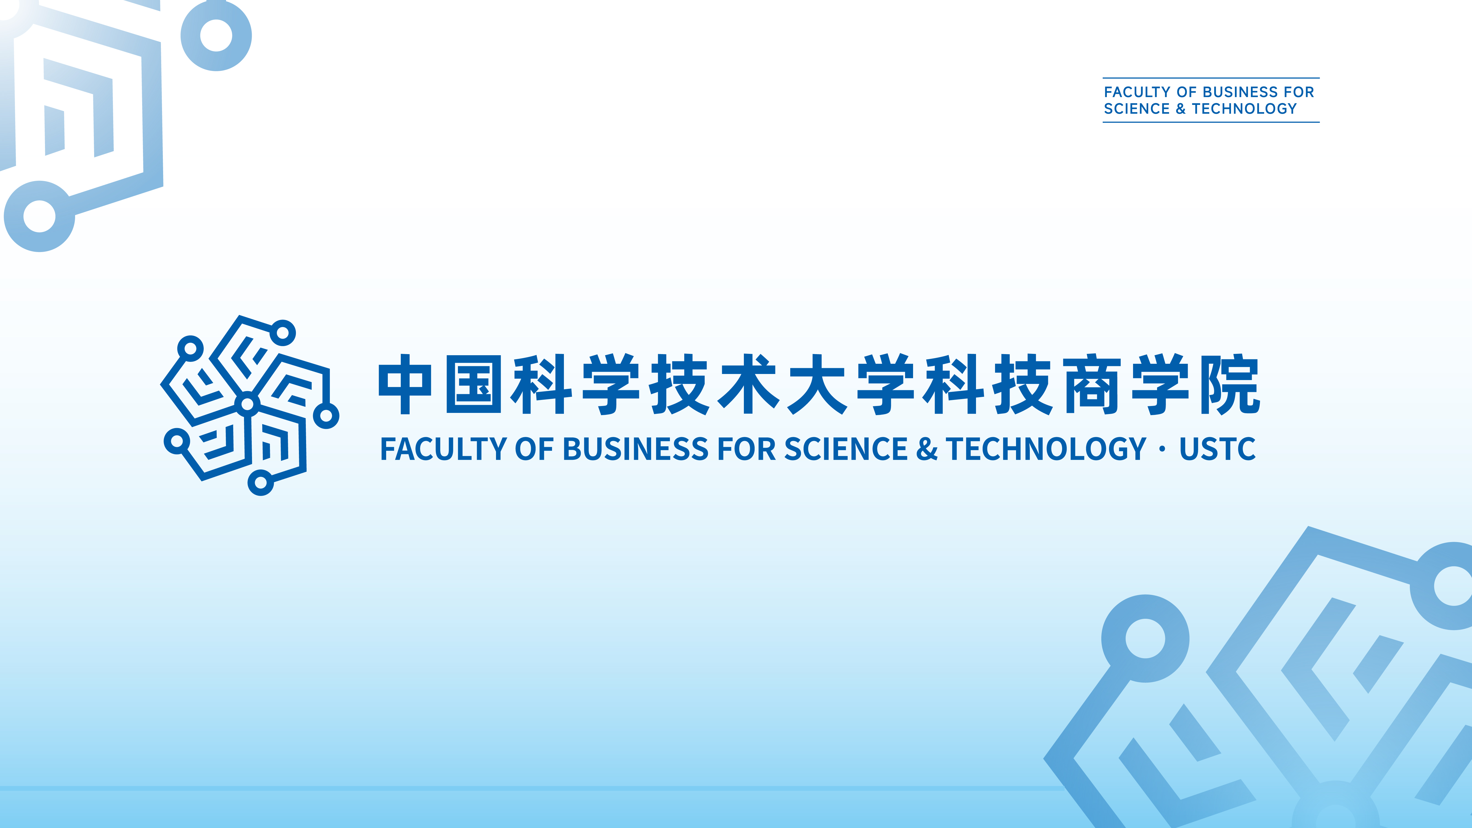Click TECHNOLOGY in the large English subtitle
tap(1046, 449)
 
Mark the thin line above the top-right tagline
tap(1210, 78)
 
